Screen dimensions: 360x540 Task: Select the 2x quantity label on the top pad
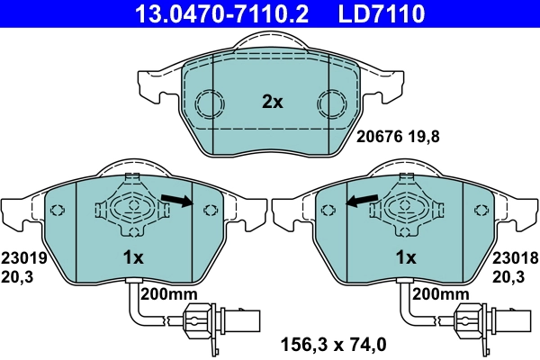click(x=272, y=103)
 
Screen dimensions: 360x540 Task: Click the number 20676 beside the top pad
click(x=376, y=139)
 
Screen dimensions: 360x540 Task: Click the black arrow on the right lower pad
click(x=363, y=202)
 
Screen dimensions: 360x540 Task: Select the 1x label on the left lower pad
click(x=133, y=257)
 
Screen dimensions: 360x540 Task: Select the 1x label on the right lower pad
click(x=406, y=257)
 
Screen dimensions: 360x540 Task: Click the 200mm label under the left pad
click(x=168, y=294)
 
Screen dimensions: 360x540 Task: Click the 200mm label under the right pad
click(x=440, y=294)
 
